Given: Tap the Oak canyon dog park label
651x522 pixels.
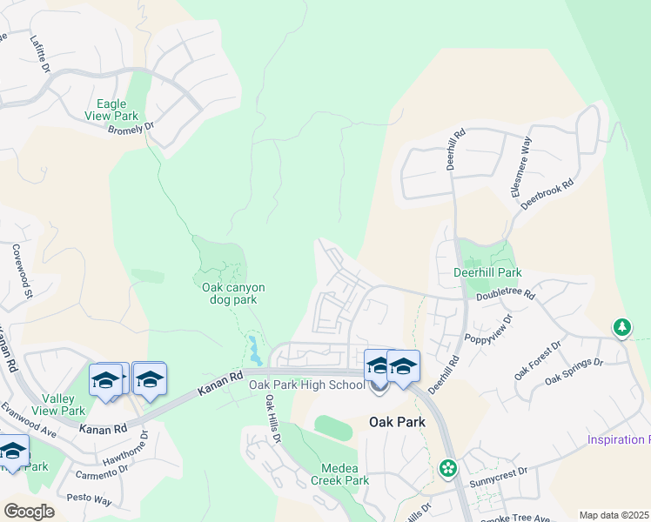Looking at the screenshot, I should pyautogui.click(x=233, y=293).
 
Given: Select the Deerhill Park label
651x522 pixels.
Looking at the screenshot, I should pyautogui.click(x=487, y=271).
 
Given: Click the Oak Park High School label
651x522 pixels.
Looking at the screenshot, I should pyautogui.click(x=307, y=385).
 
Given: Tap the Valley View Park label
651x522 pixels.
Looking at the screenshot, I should pyautogui.click(x=62, y=405).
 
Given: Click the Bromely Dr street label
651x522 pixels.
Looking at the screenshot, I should pyautogui.click(x=131, y=127).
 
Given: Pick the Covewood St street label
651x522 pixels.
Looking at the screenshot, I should pyautogui.click(x=21, y=273).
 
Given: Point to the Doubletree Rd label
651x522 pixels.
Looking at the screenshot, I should pyautogui.click(x=505, y=295).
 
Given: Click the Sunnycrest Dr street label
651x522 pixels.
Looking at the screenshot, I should pyautogui.click(x=508, y=472).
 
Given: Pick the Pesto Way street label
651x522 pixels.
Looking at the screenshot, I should pyautogui.click(x=91, y=500).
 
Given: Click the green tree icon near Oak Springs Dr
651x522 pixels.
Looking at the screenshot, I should pyautogui.click(x=621, y=328).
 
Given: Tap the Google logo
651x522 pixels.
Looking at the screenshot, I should pyautogui.click(x=29, y=511).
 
